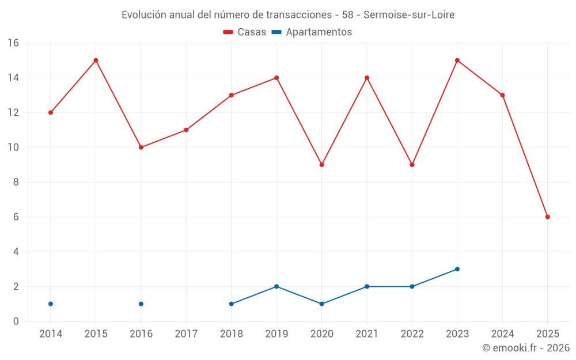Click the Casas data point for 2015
pyautogui.click(x=96, y=60)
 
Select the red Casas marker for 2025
pyautogui.click(x=547, y=217)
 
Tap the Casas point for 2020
pyautogui.click(x=321, y=165)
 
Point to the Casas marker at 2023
pyautogui.click(x=457, y=60)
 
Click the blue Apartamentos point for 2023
pyautogui.click(x=457, y=269)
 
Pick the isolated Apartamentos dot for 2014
pyautogui.click(x=51, y=304)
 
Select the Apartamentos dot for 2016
pyautogui.click(x=141, y=304)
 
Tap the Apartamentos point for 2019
pyautogui.click(x=276, y=286)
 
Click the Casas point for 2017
pyautogui.click(x=186, y=130)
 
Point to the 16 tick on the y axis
pyautogui.click(x=13, y=43)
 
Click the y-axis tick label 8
pyautogui.click(x=16, y=183)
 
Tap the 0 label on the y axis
pyautogui.click(x=16, y=321)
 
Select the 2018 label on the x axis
pyautogui.click(x=232, y=334)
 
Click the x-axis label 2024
pyautogui.click(x=502, y=334)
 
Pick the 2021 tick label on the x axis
pyautogui.click(x=367, y=334)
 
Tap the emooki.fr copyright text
pyautogui.click(x=525, y=348)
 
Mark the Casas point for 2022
pyautogui.click(x=412, y=165)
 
